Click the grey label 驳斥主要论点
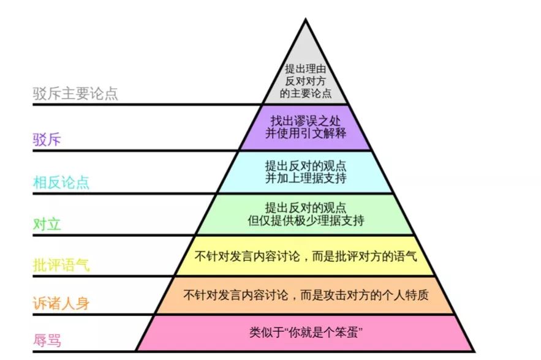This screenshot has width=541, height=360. click(x=75, y=94)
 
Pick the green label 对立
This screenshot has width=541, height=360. click(x=47, y=224)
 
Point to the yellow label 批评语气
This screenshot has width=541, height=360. click(x=61, y=266)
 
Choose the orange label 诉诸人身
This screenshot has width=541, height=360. click(x=61, y=303)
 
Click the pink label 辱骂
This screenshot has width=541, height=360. click(x=47, y=340)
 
